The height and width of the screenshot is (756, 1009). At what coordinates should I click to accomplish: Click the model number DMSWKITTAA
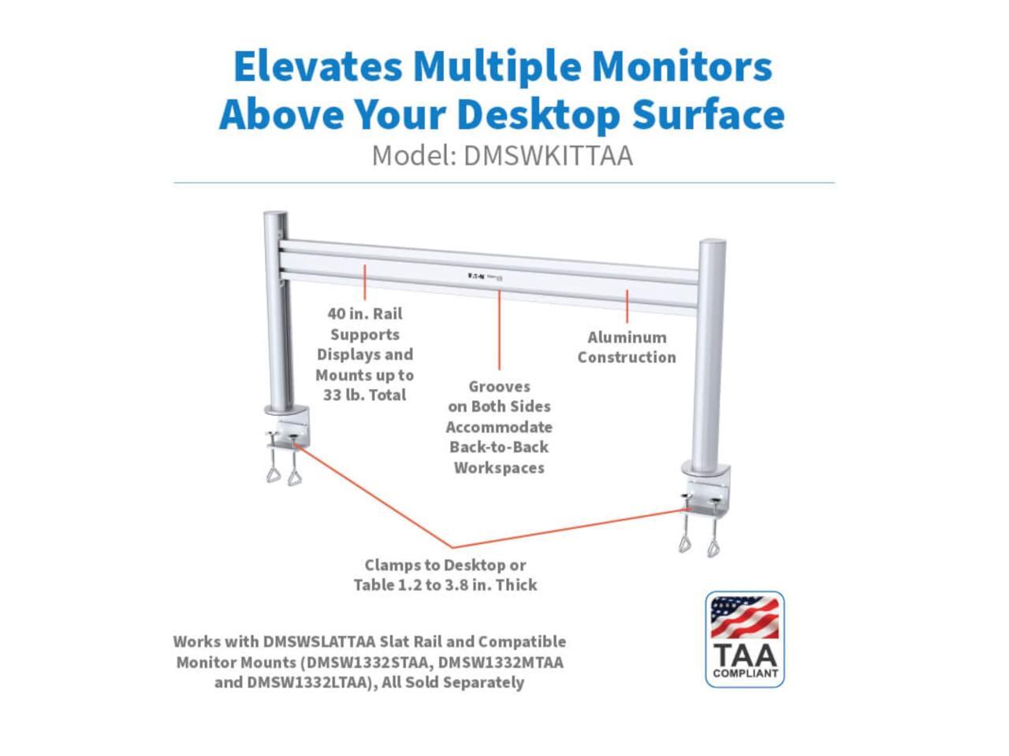click(548, 156)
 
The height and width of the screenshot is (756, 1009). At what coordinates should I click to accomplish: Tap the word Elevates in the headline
click(318, 66)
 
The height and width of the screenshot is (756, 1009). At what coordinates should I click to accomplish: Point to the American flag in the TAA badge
click(744, 617)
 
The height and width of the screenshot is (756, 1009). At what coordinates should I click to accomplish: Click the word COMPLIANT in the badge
click(745, 673)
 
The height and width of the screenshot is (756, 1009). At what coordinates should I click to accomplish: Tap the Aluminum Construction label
click(627, 347)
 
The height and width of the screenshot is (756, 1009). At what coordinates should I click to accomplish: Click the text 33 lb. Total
click(364, 395)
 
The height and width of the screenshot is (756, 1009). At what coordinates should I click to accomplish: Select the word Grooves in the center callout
click(499, 387)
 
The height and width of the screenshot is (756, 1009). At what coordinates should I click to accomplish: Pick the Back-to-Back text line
click(499, 447)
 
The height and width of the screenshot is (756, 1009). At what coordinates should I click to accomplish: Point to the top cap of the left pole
click(276, 215)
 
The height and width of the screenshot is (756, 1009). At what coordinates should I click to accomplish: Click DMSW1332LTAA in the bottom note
click(307, 683)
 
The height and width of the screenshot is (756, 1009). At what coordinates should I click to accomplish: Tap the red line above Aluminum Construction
click(627, 306)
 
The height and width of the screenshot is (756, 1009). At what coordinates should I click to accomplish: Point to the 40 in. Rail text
click(365, 313)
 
